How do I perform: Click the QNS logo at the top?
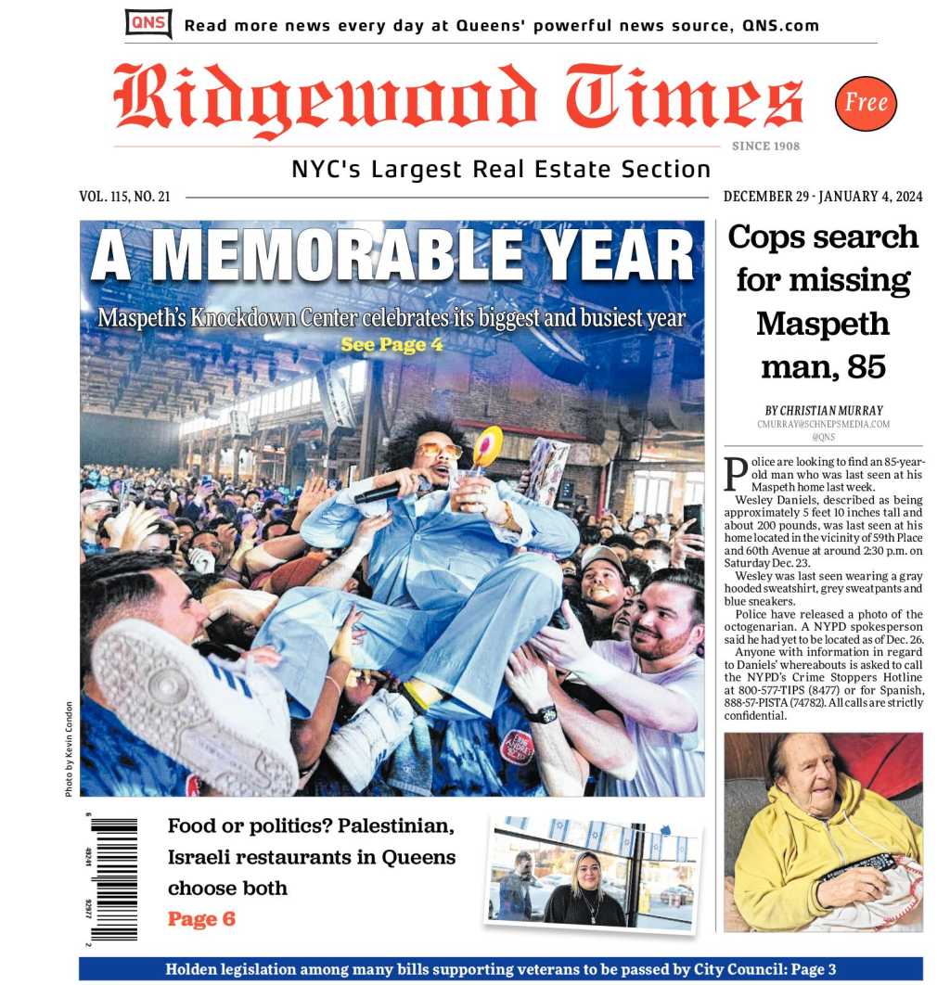(148, 23)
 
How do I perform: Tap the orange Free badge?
(866, 103)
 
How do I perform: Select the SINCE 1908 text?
(765, 146)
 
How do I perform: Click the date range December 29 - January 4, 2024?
(822, 197)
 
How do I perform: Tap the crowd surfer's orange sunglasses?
(438, 452)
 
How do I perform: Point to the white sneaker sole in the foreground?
(190, 705)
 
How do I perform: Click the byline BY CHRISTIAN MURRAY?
(823, 410)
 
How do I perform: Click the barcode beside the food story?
(114, 877)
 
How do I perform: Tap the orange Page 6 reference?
(201, 919)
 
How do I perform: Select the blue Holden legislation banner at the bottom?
(501, 969)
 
